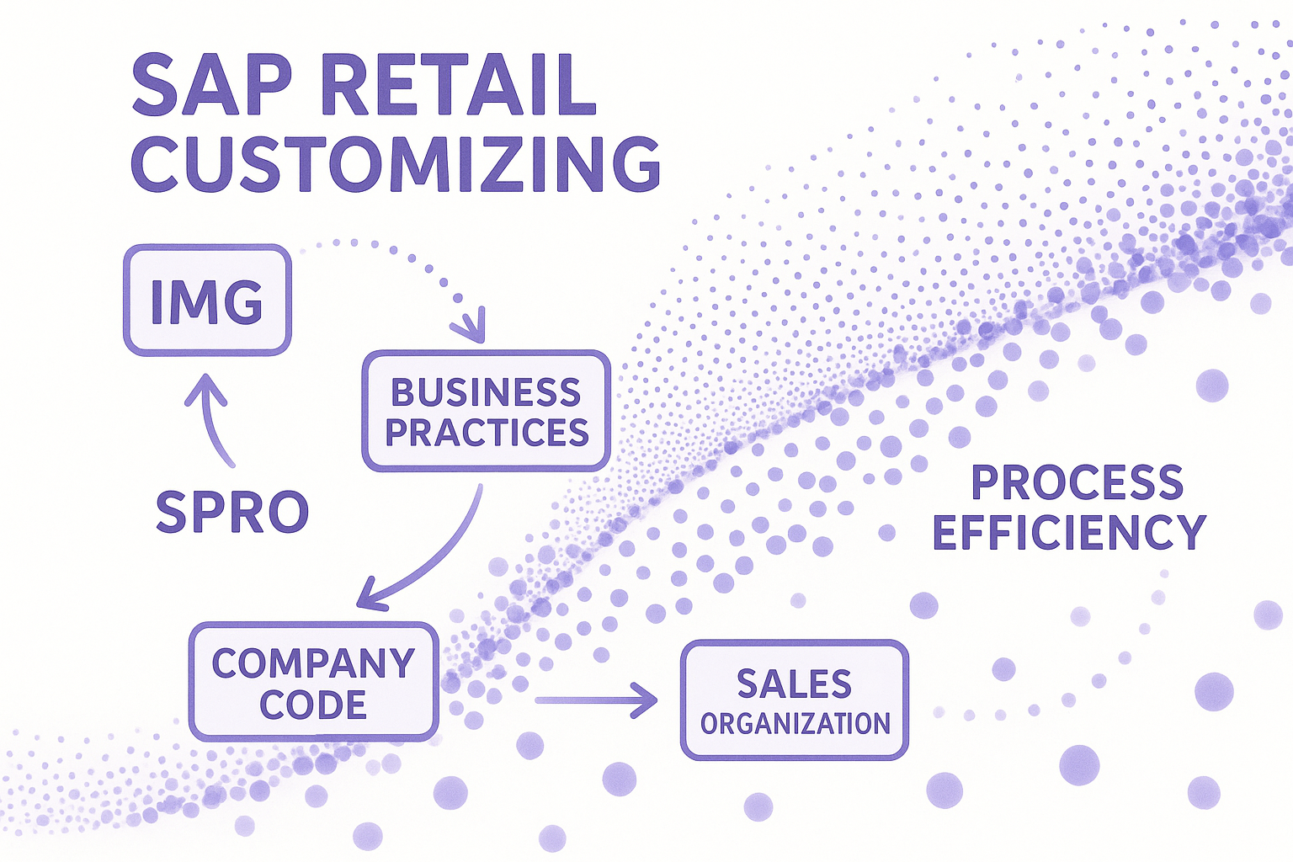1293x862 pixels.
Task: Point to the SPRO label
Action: point(232,511)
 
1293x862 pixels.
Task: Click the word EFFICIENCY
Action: point(1069,532)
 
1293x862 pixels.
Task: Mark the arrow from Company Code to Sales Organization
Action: point(596,700)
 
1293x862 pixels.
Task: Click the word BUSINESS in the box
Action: point(486,392)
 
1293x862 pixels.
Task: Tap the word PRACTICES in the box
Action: point(487,432)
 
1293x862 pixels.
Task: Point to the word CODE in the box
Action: point(313,705)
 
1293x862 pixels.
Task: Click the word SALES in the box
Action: point(795,684)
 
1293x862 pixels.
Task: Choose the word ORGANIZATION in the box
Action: point(795,723)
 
